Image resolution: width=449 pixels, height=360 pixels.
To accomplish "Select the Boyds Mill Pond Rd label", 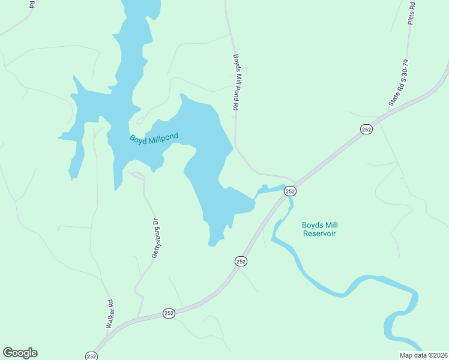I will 237,82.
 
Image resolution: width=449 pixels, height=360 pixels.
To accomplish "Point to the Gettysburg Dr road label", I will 155,238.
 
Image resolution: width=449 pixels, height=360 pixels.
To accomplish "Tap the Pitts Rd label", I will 411,12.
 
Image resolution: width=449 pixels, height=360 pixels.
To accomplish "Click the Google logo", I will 20,353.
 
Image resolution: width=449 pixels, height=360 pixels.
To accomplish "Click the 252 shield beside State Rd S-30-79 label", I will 367,129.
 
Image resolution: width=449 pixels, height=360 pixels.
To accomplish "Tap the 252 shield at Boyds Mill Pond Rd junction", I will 290,191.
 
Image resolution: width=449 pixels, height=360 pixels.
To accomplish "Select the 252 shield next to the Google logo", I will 91,356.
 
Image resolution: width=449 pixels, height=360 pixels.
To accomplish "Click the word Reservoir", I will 319,233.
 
